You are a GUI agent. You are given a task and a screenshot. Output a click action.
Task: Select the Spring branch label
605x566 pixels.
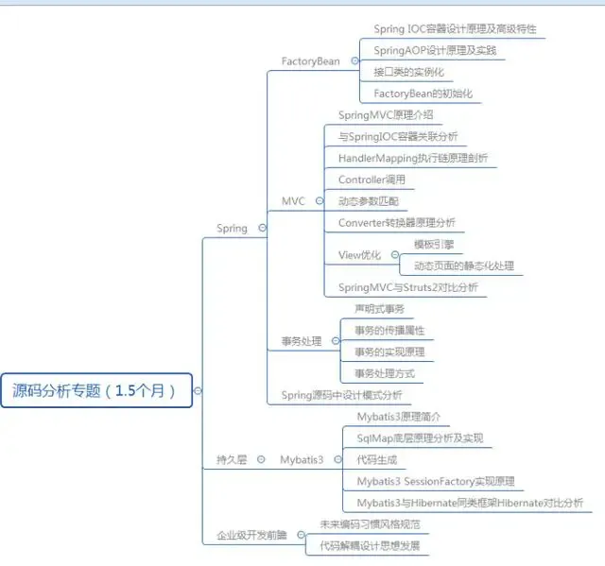coord(232,228)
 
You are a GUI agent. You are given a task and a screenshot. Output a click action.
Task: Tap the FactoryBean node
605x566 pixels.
coord(310,61)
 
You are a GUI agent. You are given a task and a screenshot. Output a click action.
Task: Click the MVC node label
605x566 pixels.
coord(293,200)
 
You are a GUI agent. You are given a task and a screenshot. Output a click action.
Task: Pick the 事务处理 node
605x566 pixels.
coord(301,341)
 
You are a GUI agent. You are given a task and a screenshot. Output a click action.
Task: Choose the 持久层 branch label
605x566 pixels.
coord(232,459)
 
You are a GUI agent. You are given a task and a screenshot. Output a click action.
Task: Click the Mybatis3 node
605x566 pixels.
coord(302,459)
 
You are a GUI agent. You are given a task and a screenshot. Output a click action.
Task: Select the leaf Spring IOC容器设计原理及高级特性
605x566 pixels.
coord(455,29)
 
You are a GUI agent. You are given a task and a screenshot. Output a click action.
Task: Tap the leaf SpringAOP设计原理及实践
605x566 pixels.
coord(435,50)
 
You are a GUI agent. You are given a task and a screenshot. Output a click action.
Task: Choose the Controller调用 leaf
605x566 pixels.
coord(372,180)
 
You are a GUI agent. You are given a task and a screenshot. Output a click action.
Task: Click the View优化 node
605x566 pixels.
coord(359,255)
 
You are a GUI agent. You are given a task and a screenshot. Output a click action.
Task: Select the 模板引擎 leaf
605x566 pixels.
coord(435,244)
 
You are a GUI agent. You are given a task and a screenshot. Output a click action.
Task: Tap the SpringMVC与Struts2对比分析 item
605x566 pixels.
coord(408,287)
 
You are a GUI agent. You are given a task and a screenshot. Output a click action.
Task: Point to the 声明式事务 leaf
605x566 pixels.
coord(379,309)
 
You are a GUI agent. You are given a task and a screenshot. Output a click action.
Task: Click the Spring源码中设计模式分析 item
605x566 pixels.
coord(341,395)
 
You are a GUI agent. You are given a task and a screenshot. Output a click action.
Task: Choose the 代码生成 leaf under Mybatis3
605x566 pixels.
coord(376,459)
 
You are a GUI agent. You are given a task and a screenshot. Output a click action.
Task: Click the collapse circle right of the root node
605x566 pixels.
coord(198,390)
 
